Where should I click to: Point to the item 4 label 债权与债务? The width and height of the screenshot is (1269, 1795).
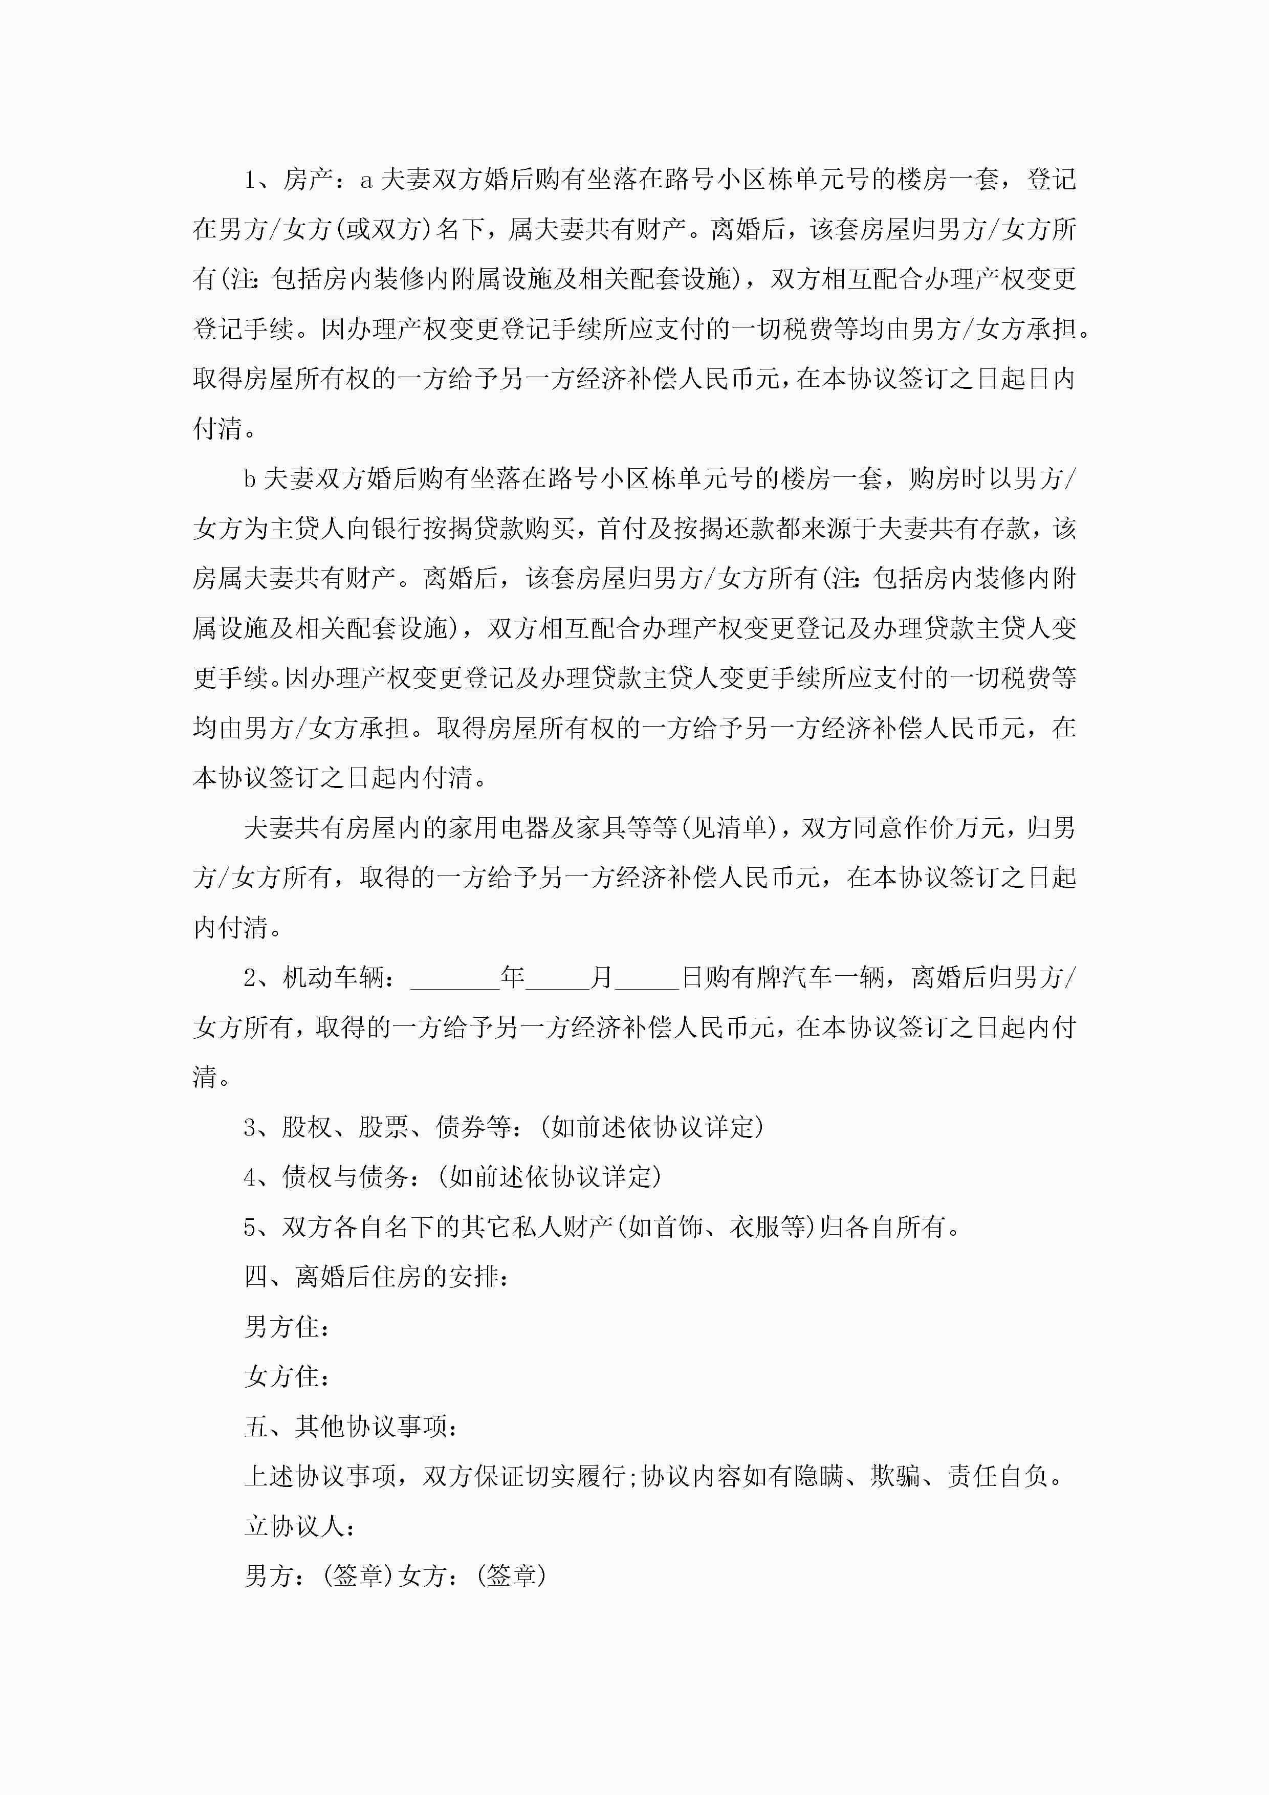pyautogui.click(x=344, y=1176)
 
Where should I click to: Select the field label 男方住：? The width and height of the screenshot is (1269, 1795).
pyautogui.click(x=286, y=1327)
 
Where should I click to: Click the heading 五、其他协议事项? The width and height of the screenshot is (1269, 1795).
pyautogui.click(x=351, y=1426)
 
